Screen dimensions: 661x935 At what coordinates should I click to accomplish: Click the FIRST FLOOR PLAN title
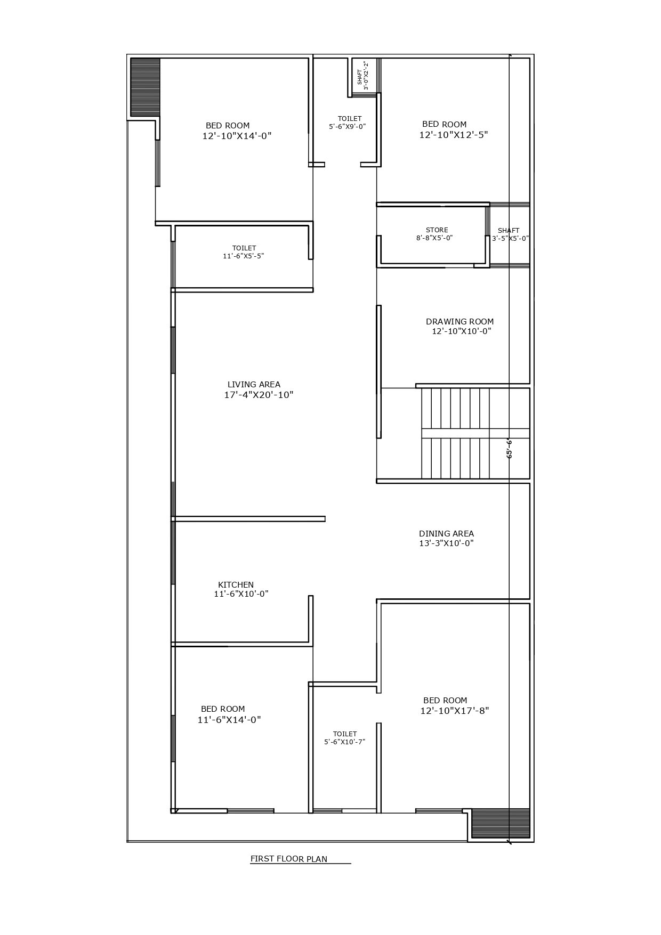pyautogui.click(x=289, y=859)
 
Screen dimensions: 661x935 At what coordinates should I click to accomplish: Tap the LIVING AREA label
pyautogui.click(x=254, y=384)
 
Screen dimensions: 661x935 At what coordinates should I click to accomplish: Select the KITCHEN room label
pyautogui.click(x=236, y=584)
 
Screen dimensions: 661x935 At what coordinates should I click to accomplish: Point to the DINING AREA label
pyautogui.click(x=446, y=533)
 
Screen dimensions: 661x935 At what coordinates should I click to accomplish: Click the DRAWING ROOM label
pyautogui.click(x=460, y=321)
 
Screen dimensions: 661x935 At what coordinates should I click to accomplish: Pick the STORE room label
pyautogui.click(x=437, y=230)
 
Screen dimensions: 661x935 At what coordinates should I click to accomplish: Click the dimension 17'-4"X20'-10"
pyautogui.click(x=259, y=395)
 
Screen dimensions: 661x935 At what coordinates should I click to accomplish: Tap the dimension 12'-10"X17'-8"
pyautogui.click(x=455, y=711)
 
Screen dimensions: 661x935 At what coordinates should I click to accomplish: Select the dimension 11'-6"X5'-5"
pyautogui.click(x=244, y=256)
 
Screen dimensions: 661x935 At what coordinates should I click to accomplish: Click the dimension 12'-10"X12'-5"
pyautogui.click(x=454, y=135)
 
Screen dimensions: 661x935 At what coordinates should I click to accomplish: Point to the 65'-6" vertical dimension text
pyautogui.click(x=509, y=449)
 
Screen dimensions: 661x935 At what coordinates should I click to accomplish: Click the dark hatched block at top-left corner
pyautogui.click(x=146, y=87)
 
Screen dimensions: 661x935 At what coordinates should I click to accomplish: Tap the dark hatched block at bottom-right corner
pyautogui.click(x=501, y=823)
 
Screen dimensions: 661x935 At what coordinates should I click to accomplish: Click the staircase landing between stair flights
pyautogui.click(x=475, y=433)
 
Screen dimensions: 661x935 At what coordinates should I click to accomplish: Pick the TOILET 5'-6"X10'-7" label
pyautogui.click(x=345, y=737)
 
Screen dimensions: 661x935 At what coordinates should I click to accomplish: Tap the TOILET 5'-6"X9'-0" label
pyautogui.click(x=348, y=123)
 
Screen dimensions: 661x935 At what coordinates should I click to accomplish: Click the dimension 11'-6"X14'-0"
pyautogui.click(x=229, y=720)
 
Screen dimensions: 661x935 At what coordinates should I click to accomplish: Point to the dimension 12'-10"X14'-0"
pyautogui.click(x=237, y=136)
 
